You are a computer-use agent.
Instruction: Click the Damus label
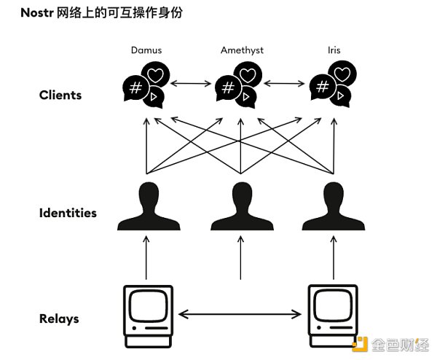146,50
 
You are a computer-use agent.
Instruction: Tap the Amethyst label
241,50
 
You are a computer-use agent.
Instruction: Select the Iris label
334,50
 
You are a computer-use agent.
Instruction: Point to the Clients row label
60,95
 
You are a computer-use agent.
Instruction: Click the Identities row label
68,214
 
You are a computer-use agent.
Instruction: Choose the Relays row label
59,318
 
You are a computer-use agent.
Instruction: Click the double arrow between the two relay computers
241,315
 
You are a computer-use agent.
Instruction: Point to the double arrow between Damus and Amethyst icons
191,84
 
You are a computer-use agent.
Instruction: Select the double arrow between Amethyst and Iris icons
286,84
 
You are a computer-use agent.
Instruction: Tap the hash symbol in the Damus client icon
135,89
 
